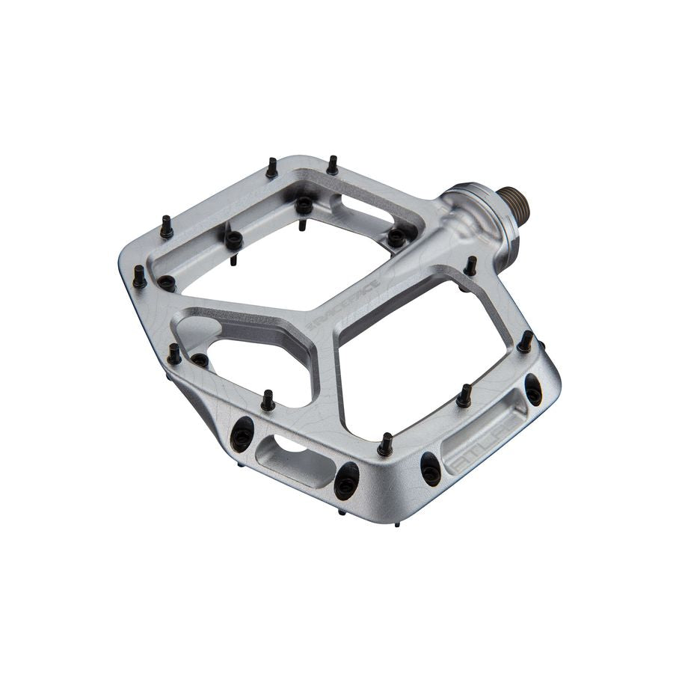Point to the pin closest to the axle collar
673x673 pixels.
coord(470,265)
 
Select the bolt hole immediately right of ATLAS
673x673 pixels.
coord(533,390)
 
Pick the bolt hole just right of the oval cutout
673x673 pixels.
coord(346,481)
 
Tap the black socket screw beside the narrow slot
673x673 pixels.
coord(396,237)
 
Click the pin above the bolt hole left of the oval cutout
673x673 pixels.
coord(267,401)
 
